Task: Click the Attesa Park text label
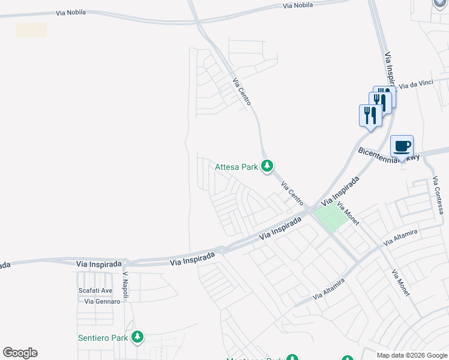(x=237, y=167)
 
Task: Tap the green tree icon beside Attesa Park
(x=268, y=166)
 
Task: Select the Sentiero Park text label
(x=103, y=338)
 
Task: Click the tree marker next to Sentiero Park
(x=138, y=337)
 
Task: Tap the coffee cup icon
(x=402, y=146)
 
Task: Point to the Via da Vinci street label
(x=416, y=85)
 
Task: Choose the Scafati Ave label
(x=95, y=290)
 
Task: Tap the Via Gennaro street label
(x=102, y=301)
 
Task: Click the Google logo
(x=20, y=353)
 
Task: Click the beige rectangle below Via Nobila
(x=31, y=30)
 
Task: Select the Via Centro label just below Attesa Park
(x=292, y=194)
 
